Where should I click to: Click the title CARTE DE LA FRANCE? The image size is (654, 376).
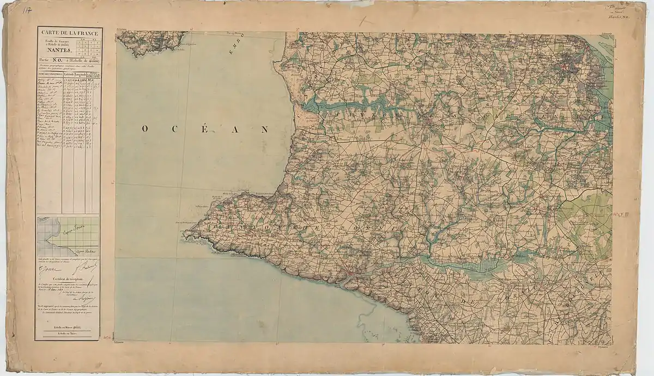click(x=69, y=33)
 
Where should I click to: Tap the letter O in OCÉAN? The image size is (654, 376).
click(x=146, y=130)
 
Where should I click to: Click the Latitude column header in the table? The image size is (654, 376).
click(x=68, y=76)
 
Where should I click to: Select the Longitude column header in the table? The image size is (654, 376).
click(x=81, y=76)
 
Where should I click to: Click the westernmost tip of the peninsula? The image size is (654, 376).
click(x=184, y=235)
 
